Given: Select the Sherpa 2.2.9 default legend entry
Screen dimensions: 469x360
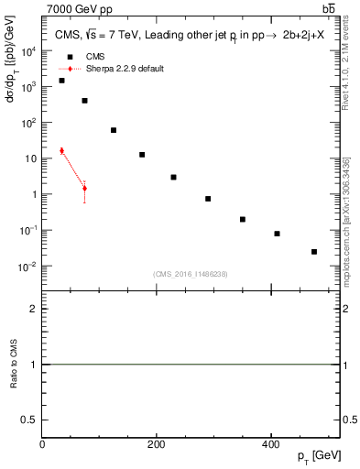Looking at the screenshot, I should click(110, 69).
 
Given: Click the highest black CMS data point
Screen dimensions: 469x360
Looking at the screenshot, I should click(61, 81).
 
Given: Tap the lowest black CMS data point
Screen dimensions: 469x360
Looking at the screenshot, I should click(314, 251).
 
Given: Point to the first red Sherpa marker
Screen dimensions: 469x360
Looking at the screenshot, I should click(61, 151).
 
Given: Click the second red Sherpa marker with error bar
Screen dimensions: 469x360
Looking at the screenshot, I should click(84, 189).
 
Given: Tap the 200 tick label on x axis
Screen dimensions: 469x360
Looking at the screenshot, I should click(157, 444).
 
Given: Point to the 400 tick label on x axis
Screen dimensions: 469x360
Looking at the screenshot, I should click(271, 444).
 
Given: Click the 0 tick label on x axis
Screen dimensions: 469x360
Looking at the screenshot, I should click(42, 444).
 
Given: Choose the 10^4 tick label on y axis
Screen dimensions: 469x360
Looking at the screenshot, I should click(29, 50).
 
